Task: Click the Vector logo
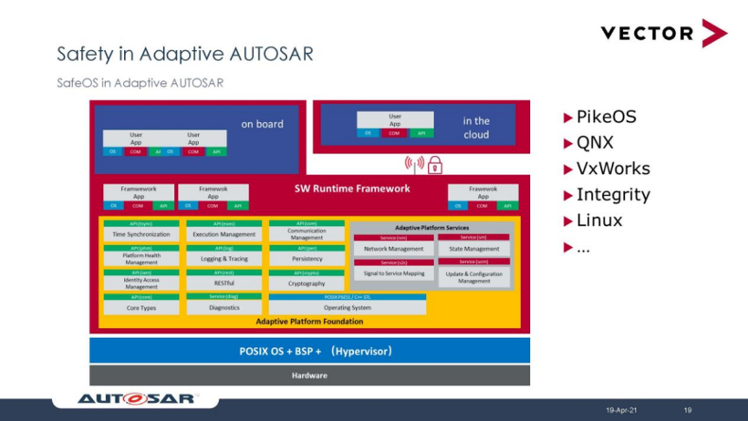pyautogui.click(x=663, y=33)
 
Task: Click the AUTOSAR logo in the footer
pyautogui.click(x=137, y=398)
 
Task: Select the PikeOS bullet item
pyautogui.click(x=606, y=117)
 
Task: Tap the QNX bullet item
pyautogui.click(x=595, y=142)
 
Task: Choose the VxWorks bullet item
pyautogui.click(x=613, y=169)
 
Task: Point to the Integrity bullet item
pyautogui.click(x=613, y=194)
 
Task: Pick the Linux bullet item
pyautogui.click(x=599, y=221)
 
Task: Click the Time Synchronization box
pyautogui.click(x=141, y=234)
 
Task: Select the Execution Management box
pyautogui.click(x=223, y=234)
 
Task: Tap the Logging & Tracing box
pyautogui.click(x=223, y=259)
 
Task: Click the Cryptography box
pyautogui.click(x=306, y=283)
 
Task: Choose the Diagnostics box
pyautogui.click(x=223, y=308)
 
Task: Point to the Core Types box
pyautogui.click(x=141, y=308)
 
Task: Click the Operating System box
pyautogui.click(x=347, y=308)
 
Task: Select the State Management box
pyautogui.click(x=474, y=249)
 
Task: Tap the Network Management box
pyautogui.click(x=393, y=249)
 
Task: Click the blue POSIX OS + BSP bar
pyautogui.click(x=309, y=351)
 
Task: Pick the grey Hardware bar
pyautogui.click(x=309, y=375)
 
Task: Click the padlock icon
pyautogui.click(x=435, y=165)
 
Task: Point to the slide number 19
pyautogui.click(x=688, y=410)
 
